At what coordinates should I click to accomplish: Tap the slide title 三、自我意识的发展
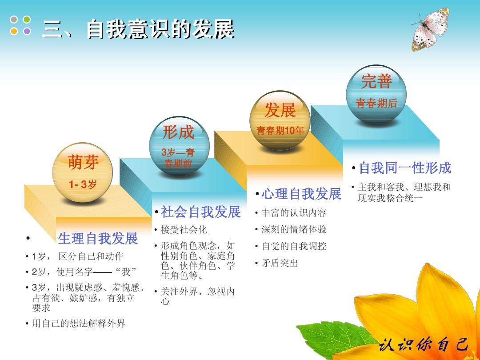(138, 29)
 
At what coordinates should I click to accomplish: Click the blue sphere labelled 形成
(178, 144)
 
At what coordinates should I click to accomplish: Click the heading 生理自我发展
(98, 239)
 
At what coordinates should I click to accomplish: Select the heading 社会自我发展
(200, 212)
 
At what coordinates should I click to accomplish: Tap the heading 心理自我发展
(301, 194)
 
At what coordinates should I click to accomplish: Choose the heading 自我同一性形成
(405, 168)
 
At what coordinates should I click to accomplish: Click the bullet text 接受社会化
(184, 230)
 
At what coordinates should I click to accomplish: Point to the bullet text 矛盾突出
(280, 263)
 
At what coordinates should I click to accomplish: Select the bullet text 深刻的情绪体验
(294, 229)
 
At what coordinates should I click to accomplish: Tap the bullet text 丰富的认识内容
(294, 213)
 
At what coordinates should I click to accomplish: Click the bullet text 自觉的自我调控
(294, 246)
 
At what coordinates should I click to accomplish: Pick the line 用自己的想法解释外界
(78, 324)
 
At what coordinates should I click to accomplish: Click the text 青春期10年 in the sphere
(280, 131)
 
